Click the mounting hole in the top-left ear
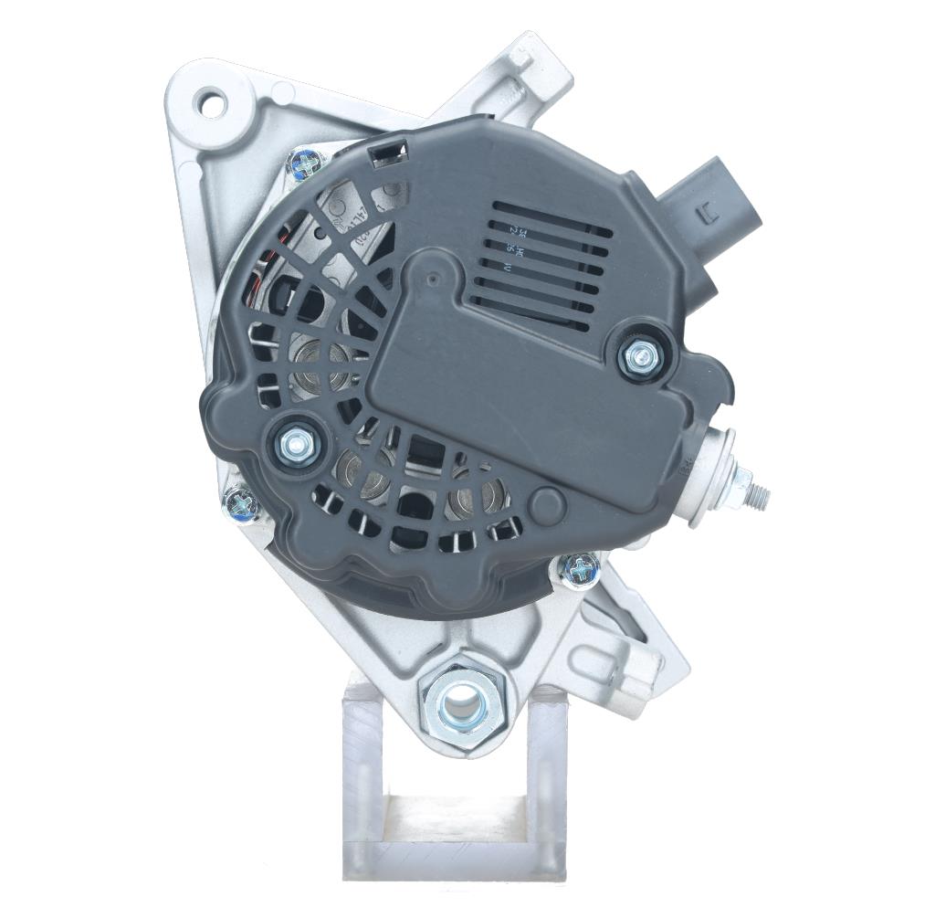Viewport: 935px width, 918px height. pyautogui.click(x=213, y=103)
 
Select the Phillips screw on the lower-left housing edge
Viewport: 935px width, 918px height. pyautogui.click(x=241, y=503)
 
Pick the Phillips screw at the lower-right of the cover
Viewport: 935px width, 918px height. pyautogui.click(x=579, y=571)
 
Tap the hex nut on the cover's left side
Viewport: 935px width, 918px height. pyautogui.click(x=296, y=445)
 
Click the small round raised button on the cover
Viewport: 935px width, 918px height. pyautogui.click(x=548, y=503)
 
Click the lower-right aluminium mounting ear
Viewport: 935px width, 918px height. pyautogui.click(x=630, y=639)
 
